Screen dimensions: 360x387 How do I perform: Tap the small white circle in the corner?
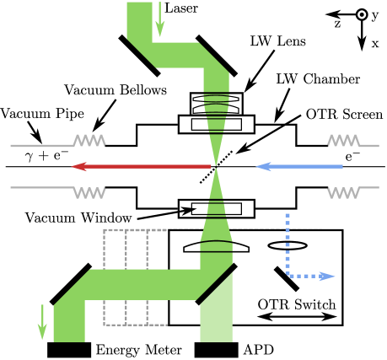[x=362, y=14]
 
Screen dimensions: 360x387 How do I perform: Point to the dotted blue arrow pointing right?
[x=312, y=276]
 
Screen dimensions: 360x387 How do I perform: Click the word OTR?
[x=272, y=304]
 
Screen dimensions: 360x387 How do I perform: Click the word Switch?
[x=313, y=304]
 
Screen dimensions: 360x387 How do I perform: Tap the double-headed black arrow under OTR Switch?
[x=297, y=317]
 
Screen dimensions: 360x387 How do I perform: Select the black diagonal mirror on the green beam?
[x=216, y=284]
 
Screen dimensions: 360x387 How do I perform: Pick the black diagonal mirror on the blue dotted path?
[x=287, y=278]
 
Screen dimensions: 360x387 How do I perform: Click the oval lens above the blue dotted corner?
[x=288, y=246]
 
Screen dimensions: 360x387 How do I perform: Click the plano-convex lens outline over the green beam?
[x=216, y=247]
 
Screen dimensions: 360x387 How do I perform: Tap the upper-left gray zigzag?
[x=89, y=140]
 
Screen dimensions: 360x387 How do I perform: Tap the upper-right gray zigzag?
[x=344, y=140]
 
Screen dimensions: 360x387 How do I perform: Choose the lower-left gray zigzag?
[x=89, y=192]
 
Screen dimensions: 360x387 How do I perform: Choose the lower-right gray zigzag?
[x=344, y=192]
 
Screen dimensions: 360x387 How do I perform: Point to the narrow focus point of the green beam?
[x=216, y=166]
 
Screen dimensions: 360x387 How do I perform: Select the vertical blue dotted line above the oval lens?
[x=288, y=226]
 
